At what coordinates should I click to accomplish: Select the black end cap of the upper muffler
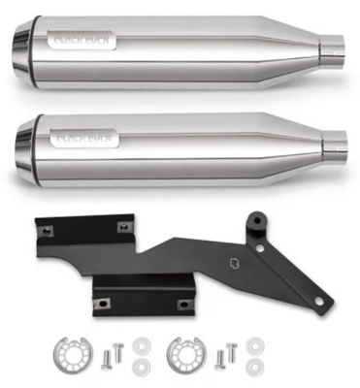pyautogui.click(x=21, y=45)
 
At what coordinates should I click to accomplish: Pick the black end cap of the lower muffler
pyautogui.click(x=21, y=144)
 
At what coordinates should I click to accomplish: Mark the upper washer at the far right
pyautogui.click(x=255, y=344)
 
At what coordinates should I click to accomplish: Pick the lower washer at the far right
pyautogui.click(x=255, y=365)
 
